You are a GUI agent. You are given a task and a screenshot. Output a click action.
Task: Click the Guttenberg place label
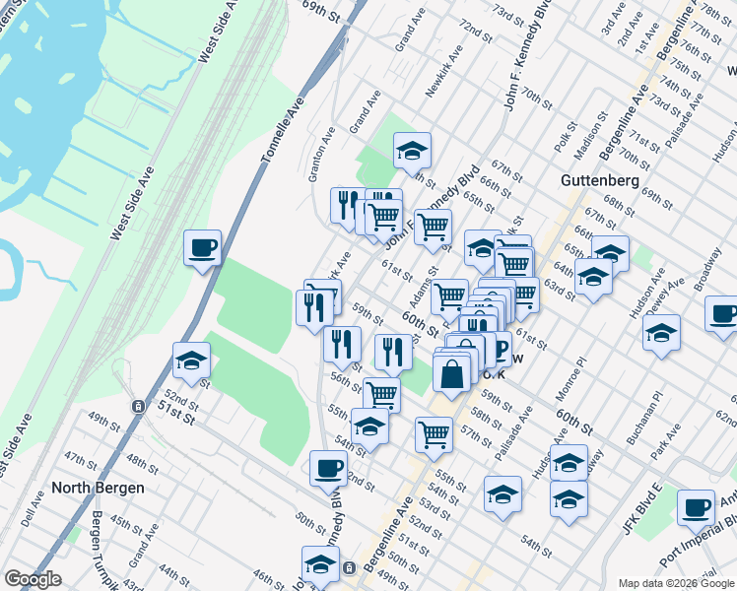(601, 181)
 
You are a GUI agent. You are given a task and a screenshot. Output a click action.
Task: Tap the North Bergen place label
(98, 488)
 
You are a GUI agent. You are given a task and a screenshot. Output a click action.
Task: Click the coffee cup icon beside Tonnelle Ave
(202, 247)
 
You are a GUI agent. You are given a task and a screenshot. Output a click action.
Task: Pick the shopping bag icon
(451, 375)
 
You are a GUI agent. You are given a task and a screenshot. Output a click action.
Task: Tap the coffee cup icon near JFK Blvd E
(696, 508)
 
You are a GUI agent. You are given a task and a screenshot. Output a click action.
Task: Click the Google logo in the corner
(33, 579)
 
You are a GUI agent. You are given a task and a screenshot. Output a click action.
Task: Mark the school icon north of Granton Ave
(412, 151)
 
